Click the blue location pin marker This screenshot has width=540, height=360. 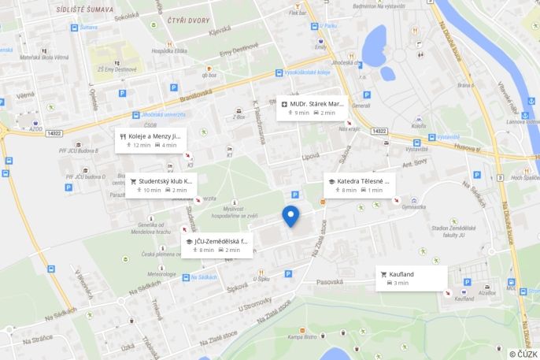click(290, 215)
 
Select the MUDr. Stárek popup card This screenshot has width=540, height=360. click(313, 108)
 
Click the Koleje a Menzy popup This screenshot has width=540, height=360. click(151, 140)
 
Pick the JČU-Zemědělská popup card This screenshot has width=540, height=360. click(217, 245)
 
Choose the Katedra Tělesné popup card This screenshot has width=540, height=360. click(359, 185)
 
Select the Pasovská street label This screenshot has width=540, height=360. click(329, 281)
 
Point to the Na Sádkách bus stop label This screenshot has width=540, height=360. click(202, 277)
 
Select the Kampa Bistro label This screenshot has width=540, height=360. click(301, 337)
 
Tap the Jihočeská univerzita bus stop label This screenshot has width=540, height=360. click(146, 114)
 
